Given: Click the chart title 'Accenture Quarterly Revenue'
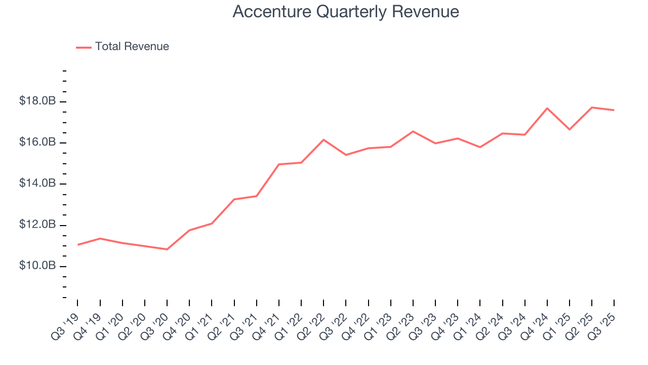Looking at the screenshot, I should tap(346, 12).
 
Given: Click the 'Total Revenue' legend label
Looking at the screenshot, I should tap(132, 47).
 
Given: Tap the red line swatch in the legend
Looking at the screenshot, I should tap(84, 47).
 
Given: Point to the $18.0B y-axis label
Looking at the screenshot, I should tap(37, 101).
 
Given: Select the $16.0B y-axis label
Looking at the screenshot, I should tap(37, 142).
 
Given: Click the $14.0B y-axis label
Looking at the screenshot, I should tap(37, 184).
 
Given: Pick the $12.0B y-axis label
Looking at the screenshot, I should tap(37, 225).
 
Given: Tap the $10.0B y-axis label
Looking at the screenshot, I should tap(37, 266).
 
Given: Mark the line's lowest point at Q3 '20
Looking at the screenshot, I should tap(167, 249).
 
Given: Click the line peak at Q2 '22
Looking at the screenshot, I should tap(323, 139).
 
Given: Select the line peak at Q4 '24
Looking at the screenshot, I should tap(547, 108).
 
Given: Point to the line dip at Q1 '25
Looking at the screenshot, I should tap(570, 129).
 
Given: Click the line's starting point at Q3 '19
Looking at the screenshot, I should tap(78, 245).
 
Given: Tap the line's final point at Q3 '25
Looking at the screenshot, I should tap(614, 110).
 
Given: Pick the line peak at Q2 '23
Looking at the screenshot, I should tap(413, 131).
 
